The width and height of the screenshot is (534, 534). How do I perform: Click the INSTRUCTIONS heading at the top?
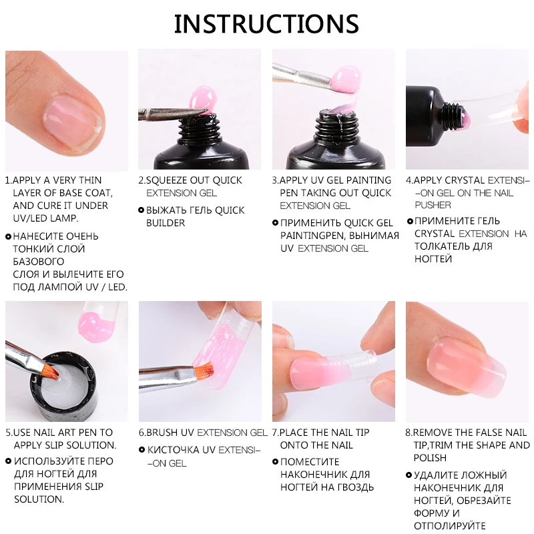click(266, 23)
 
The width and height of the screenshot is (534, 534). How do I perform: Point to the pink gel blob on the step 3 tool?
click(347, 73)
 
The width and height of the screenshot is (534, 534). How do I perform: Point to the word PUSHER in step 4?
click(433, 205)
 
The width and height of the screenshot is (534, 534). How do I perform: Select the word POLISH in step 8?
click(430, 458)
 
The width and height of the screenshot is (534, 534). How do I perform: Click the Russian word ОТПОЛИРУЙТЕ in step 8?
click(451, 525)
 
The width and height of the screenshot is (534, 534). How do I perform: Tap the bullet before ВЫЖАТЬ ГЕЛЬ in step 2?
click(141, 210)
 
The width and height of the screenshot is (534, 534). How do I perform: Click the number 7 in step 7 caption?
click(274, 433)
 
